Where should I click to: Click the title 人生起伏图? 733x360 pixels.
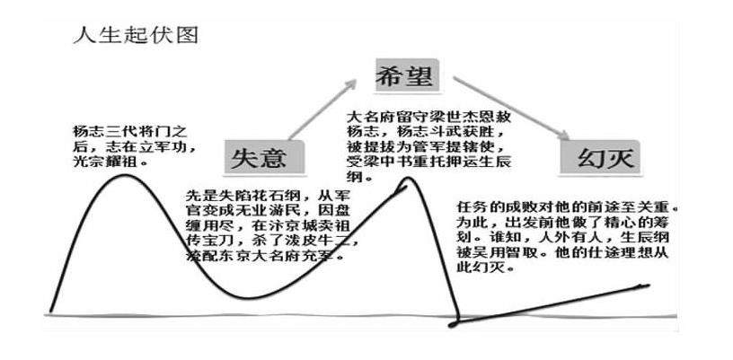click(134, 38)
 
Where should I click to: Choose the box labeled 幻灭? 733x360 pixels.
click(601, 159)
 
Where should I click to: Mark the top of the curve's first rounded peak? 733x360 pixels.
click(121, 175)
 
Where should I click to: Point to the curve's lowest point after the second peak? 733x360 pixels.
click(456, 321)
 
